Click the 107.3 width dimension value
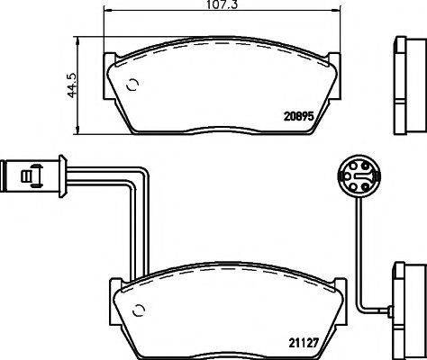pos(221,5)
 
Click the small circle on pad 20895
pos(133,87)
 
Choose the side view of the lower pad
pos(405,304)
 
